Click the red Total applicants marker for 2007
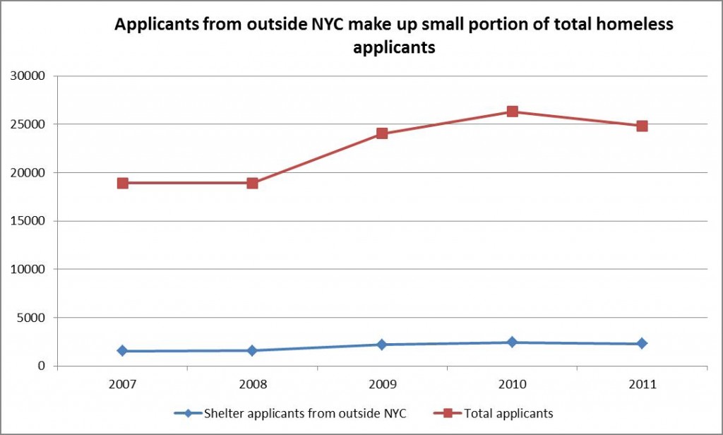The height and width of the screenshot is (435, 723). pyautogui.click(x=123, y=183)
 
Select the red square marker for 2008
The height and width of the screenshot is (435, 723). pyautogui.click(x=252, y=183)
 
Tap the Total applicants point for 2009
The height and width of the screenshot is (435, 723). pyautogui.click(x=382, y=133)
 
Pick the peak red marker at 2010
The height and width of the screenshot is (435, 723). pyautogui.click(x=513, y=112)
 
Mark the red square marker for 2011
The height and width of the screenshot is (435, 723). pyautogui.click(x=642, y=126)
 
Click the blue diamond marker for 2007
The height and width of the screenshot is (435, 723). pyautogui.click(x=123, y=351)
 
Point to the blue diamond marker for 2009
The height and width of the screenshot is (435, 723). pyautogui.click(x=382, y=345)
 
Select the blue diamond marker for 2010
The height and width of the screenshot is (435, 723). pyautogui.click(x=513, y=342)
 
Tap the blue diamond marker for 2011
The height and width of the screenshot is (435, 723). pyautogui.click(x=642, y=344)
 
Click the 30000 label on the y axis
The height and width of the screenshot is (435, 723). pyautogui.click(x=30, y=76)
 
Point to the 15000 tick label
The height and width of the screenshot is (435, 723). pyautogui.click(x=30, y=221)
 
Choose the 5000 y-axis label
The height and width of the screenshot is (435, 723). pyautogui.click(x=32, y=318)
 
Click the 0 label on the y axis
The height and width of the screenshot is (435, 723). pyautogui.click(x=42, y=366)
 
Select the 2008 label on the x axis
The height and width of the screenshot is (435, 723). pyautogui.click(x=252, y=385)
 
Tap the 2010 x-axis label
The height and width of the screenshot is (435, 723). pyautogui.click(x=513, y=385)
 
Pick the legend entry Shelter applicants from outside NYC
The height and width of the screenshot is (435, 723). pyautogui.click(x=301, y=412)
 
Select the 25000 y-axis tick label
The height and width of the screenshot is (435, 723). pyautogui.click(x=30, y=124)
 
